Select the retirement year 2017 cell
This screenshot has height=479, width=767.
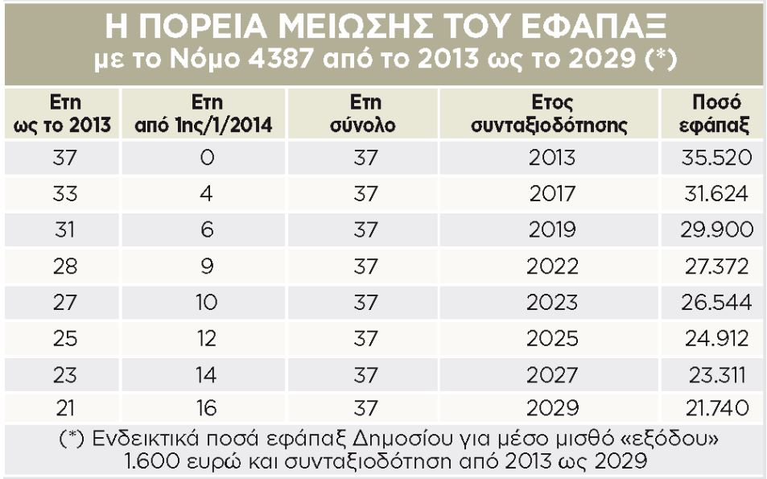[552, 194]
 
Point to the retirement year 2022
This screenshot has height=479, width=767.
[552, 266]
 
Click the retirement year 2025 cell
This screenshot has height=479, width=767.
[552, 339]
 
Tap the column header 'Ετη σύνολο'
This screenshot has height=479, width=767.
[365, 114]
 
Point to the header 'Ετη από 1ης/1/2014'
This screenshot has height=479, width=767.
[208, 114]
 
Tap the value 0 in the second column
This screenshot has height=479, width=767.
[207, 158]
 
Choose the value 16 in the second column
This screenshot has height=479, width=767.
[207, 410]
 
